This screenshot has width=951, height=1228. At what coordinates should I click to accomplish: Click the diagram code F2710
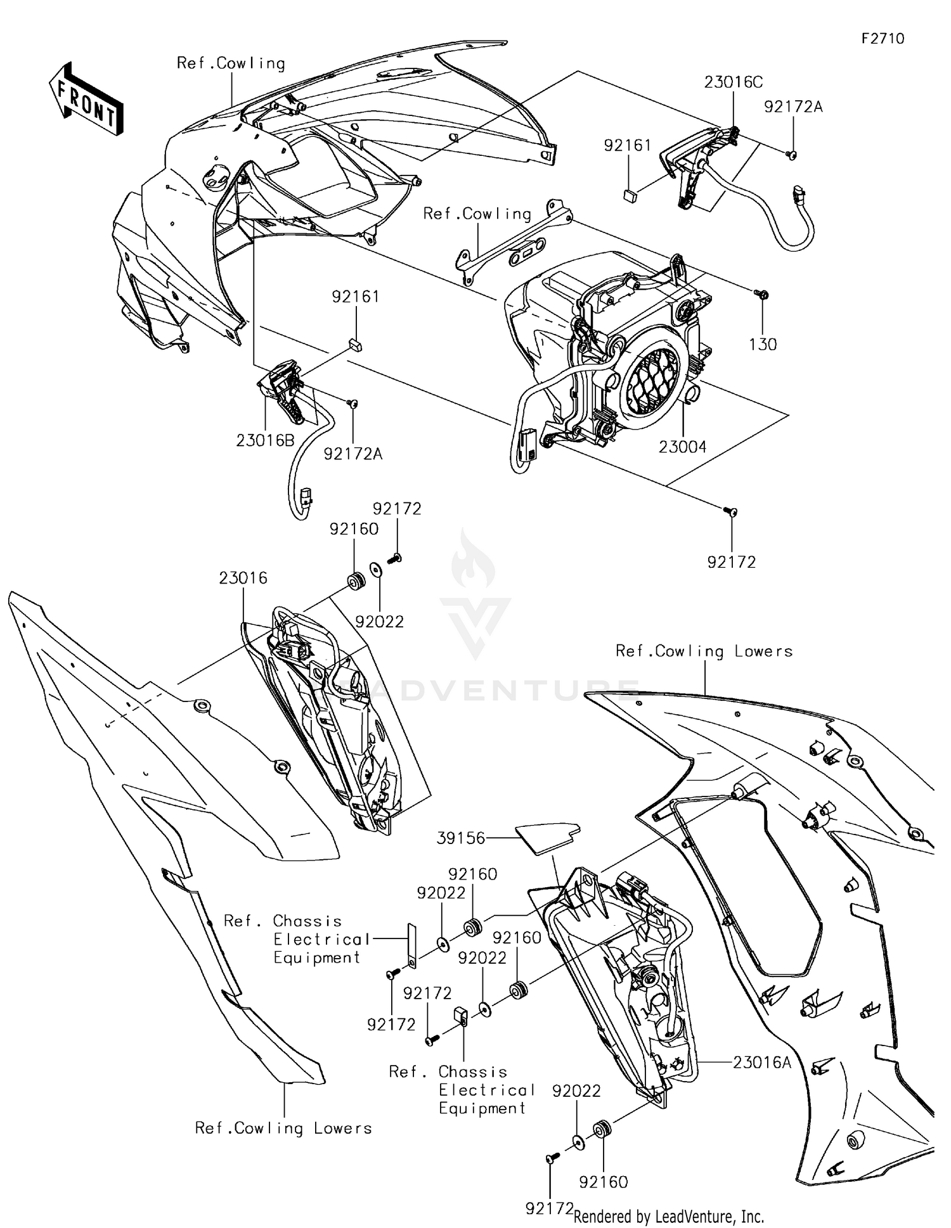(x=883, y=39)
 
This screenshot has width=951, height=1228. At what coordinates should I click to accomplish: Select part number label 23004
(x=682, y=447)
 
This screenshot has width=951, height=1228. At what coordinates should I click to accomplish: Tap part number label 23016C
(x=733, y=82)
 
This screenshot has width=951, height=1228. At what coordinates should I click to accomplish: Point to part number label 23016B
(x=265, y=440)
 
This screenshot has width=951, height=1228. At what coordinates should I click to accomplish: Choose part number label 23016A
(x=762, y=1062)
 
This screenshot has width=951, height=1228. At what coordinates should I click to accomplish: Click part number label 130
(x=762, y=345)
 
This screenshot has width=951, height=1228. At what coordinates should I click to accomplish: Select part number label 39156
(x=461, y=838)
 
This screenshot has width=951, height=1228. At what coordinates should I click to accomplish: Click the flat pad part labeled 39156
(x=547, y=836)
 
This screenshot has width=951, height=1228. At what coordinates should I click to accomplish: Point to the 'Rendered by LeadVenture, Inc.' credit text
(x=668, y=1216)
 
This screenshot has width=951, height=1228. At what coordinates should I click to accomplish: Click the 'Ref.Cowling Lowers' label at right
(x=704, y=651)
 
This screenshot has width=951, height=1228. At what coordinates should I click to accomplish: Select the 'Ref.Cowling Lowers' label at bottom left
(x=283, y=1128)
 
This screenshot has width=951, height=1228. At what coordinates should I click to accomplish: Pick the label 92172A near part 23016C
(x=793, y=106)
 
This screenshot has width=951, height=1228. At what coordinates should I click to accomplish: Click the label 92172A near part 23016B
(x=353, y=454)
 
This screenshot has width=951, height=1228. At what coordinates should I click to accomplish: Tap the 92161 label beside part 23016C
(x=627, y=146)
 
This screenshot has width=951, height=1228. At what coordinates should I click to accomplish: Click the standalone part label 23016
(x=243, y=578)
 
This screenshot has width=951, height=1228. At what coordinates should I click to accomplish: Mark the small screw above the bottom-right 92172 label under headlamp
(x=730, y=511)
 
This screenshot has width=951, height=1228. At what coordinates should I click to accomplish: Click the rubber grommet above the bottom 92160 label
(x=601, y=1129)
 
